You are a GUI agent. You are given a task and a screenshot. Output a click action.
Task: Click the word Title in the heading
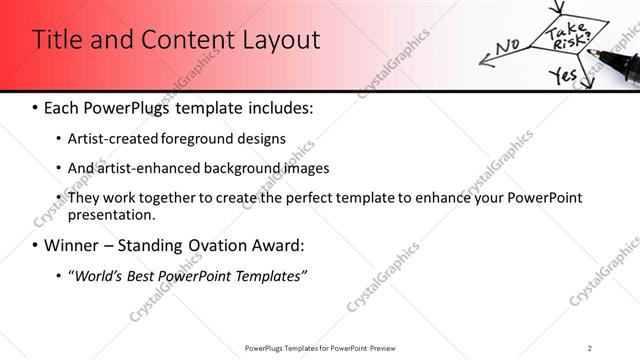coord(57,40)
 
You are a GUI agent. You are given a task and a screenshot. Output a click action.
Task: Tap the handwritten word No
coord(507,46)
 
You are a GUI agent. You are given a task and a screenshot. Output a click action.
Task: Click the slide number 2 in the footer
coord(589,347)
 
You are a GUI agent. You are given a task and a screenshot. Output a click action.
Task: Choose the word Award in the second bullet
coord(276,245)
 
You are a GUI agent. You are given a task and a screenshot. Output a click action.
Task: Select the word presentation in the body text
coord(111,214)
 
